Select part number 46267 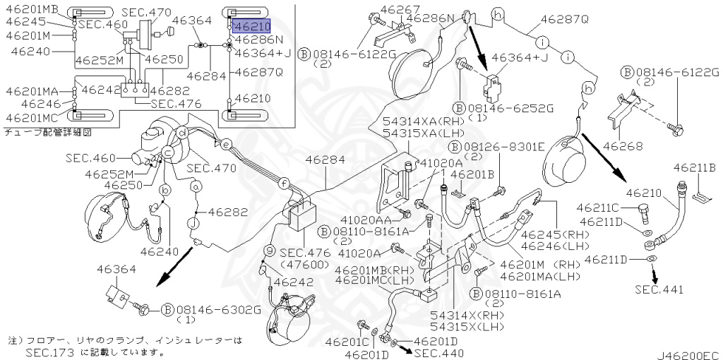[x=400, y=9]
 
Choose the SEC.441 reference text [x=659, y=289]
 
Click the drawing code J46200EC [x=688, y=356]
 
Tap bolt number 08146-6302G [x=219, y=310]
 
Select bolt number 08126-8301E [x=504, y=147]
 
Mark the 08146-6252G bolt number [x=510, y=108]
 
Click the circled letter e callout [x=225, y=144]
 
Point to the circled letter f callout [x=285, y=184]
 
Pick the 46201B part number [x=472, y=174]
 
